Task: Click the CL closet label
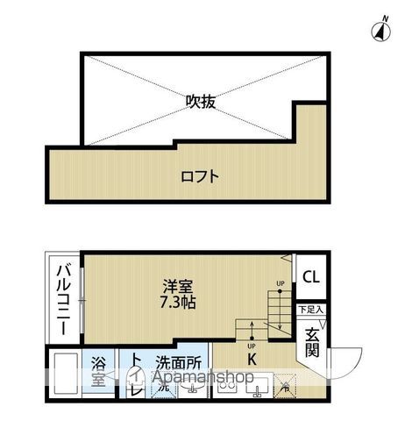click(x=311, y=278)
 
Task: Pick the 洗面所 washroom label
click(x=179, y=360)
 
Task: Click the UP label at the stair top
click(x=281, y=282)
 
